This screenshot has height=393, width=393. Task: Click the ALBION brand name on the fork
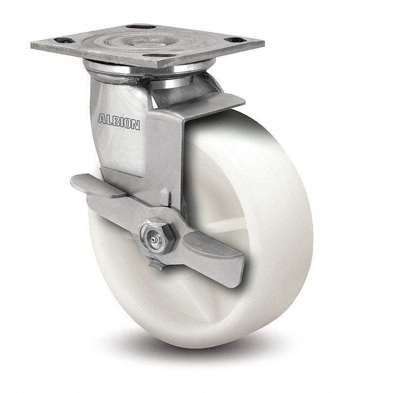pyautogui.click(x=119, y=122)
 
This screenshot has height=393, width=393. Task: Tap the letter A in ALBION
pyautogui.click(x=102, y=119)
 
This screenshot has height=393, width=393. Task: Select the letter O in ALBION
pyautogui.click(x=128, y=124)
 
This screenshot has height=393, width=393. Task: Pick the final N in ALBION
pyautogui.click(x=136, y=125)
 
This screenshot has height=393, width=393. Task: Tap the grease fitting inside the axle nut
pyautogui.click(x=153, y=239)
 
